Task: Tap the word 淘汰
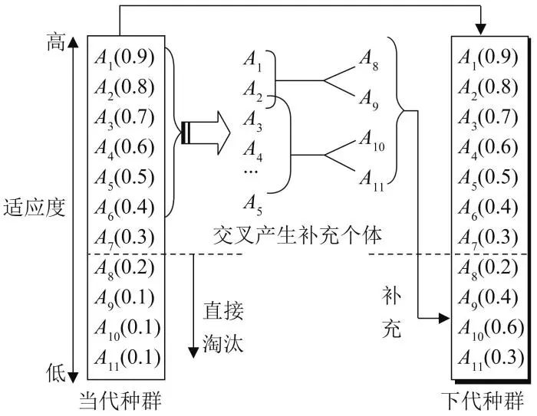(223, 342)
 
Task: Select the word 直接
(223, 310)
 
